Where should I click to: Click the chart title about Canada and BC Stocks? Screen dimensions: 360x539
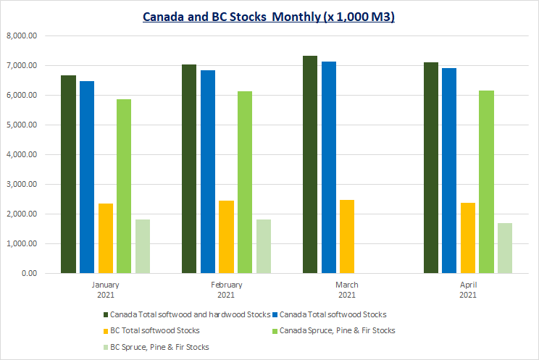pos(269,16)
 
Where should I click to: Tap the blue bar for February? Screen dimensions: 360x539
pos(208,172)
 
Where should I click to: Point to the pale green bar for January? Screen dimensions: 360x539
pos(142,246)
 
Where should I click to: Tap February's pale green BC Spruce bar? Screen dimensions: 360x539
pos(264,246)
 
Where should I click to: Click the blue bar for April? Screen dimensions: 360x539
pos(450,170)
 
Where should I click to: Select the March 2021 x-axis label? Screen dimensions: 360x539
pos(347,290)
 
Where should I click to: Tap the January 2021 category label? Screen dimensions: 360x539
pos(105,290)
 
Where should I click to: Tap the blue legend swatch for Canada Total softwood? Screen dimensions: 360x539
pos(276,314)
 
